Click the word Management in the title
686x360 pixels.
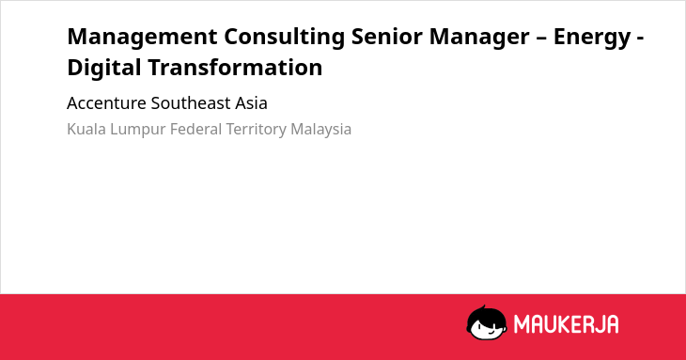pyautogui.click(x=142, y=37)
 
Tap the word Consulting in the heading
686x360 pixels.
pyautogui.click(x=285, y=37)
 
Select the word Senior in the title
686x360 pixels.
pyautogui.click(x=387, y=36)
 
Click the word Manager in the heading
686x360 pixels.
pyautogui.click(x=479, y=37)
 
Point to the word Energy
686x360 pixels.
pyautogui.click(x=592, y=37)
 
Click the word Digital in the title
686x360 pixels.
pyautogui.click(x=104, y=68)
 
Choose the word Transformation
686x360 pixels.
pyautogui.click(x=235, y=67)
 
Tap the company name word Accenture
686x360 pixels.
pyautogui.click(x=106, y=103)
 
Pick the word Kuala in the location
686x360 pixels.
pyautogui.click(x=86, y=130)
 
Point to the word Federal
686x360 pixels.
pyautogui.click(x=196, y=130)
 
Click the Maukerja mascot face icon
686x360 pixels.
pyautogui.click(x=487, y=323)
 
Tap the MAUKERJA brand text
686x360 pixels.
pyautogui.click(x=566, y=324)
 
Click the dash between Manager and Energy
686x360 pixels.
pyautogui.click(x=541, y=38)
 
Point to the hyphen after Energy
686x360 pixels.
pyautogui.click(x=640, y=38)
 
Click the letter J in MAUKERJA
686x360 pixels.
pyautogui.click(x=597, y=324)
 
